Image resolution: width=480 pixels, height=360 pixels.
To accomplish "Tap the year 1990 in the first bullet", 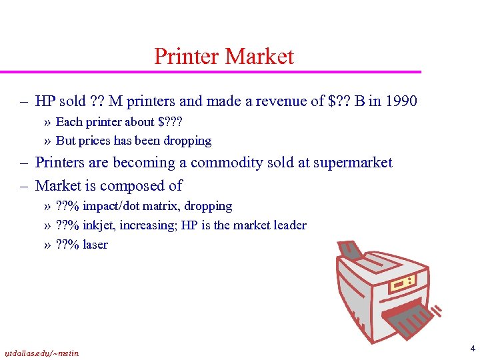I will point(401,101).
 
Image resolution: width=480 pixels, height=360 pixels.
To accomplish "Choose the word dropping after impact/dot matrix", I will point(209,207).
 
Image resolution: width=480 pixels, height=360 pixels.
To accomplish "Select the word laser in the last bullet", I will point(95,245).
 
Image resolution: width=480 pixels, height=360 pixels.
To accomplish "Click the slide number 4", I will point(471,348).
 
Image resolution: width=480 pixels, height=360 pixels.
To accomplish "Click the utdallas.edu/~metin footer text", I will point(41,353).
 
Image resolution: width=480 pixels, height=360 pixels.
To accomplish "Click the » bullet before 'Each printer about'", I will point(47,122).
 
